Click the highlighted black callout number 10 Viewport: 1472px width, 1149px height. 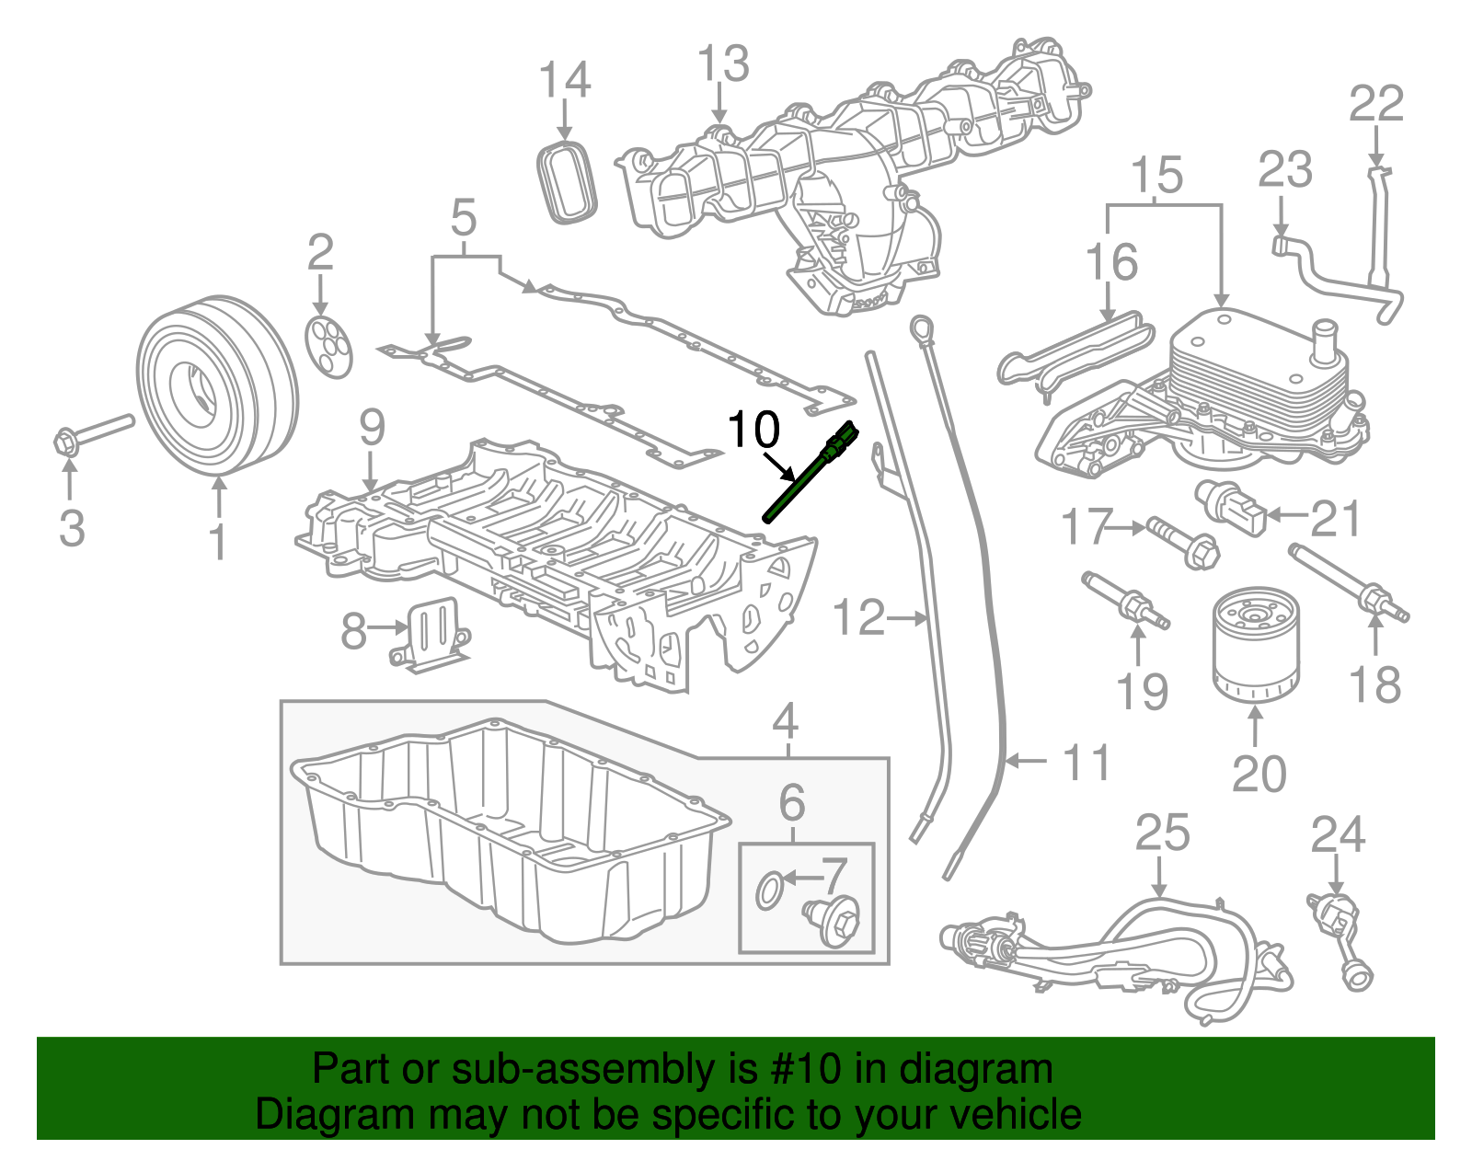coord(753,430)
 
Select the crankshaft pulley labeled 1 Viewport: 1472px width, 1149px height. coord(217,386)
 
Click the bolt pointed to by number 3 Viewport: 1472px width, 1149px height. coord(92,434)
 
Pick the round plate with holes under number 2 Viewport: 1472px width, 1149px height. coord(328,347)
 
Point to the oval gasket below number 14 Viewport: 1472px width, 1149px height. coord(566,181)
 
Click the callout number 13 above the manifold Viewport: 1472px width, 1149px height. coord(723,64)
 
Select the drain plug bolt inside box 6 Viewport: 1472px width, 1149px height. coord(832,920)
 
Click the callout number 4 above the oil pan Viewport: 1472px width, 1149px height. coord(785,722)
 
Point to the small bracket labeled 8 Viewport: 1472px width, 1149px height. coord(432,635)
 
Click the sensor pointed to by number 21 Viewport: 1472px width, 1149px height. coord(1231,507)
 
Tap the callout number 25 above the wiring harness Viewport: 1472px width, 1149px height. coord(1162,833)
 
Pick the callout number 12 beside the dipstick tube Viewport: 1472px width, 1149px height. coord(857,617)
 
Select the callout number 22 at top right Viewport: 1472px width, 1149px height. coord(1376,104)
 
